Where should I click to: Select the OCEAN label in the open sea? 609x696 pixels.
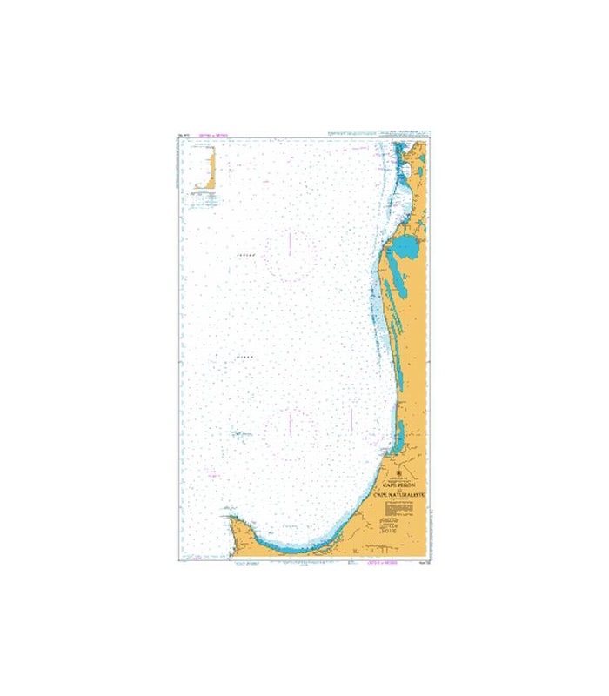(x=243, y=357)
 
